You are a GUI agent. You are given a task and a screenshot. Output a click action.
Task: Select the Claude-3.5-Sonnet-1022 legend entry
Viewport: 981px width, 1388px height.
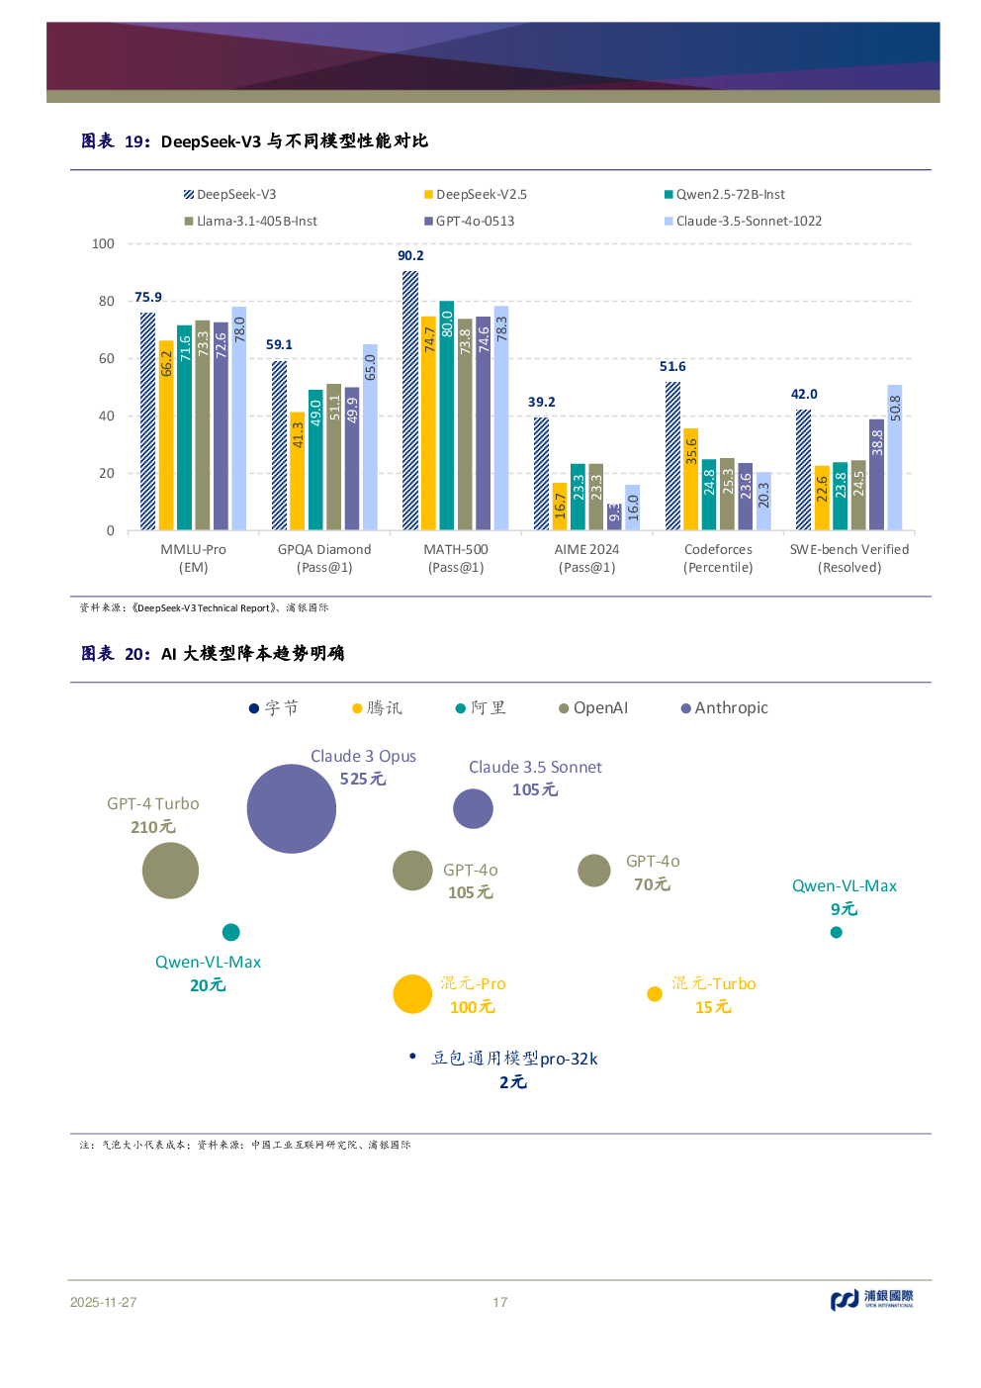[x=743, y=222]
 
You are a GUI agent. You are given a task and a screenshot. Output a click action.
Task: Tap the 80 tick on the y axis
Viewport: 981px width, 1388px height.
[x=107, y=302]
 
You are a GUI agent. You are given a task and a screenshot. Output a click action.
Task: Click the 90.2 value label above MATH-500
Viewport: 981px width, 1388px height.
[x=410, y=256]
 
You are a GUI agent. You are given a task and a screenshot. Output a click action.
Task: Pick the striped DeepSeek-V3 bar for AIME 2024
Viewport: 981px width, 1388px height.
[x=541, y=474]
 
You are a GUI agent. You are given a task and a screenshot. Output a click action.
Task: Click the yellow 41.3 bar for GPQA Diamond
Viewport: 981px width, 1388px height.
[x=298, y=471]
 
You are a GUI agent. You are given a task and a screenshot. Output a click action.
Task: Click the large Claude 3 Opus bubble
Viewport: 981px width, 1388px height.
[x=291, y=808]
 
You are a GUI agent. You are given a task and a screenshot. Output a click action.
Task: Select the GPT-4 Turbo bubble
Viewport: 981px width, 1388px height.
[x=170, y=871]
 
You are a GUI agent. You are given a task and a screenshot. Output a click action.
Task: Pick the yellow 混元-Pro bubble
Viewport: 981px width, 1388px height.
[x=412, y=994]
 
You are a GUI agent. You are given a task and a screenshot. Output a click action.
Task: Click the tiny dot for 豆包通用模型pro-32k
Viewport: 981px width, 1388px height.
[x=412, y=1057]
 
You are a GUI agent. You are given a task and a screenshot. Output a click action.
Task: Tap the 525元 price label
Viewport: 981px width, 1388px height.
[x=363, y=780]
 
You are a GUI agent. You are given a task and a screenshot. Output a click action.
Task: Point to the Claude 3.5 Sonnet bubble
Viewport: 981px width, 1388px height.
[x=473, y=808]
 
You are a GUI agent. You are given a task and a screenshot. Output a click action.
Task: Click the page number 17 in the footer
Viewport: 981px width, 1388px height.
[x=500, y=1303]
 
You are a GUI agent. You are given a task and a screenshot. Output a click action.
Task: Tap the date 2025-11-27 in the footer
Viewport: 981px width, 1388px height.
[x=103, y=1303]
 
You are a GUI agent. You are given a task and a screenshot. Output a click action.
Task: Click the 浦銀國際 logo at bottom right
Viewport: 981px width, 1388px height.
[x=871, y=1299]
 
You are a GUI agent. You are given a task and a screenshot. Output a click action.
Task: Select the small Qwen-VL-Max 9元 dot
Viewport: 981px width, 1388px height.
[x=837, y=932]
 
